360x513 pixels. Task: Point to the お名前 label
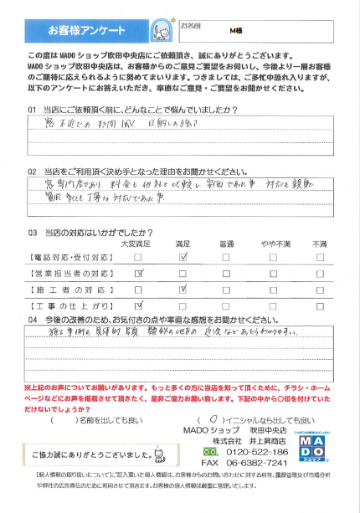pyautogui.click(x=193, y=25)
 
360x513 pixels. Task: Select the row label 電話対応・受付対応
pyautogui.click(x=68, y=258)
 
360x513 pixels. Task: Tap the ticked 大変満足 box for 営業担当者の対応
pyautogui.click(x=137, y=273)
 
